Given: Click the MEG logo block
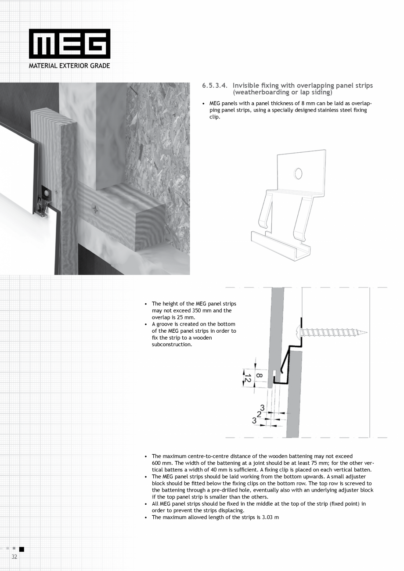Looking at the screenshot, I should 69,44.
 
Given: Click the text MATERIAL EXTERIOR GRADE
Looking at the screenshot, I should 69,66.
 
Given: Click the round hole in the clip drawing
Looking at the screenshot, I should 298,173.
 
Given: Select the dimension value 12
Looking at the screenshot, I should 247,377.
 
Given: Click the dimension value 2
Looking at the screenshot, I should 259,414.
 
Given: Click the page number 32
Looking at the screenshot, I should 14,557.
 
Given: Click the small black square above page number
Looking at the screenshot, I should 22,549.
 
